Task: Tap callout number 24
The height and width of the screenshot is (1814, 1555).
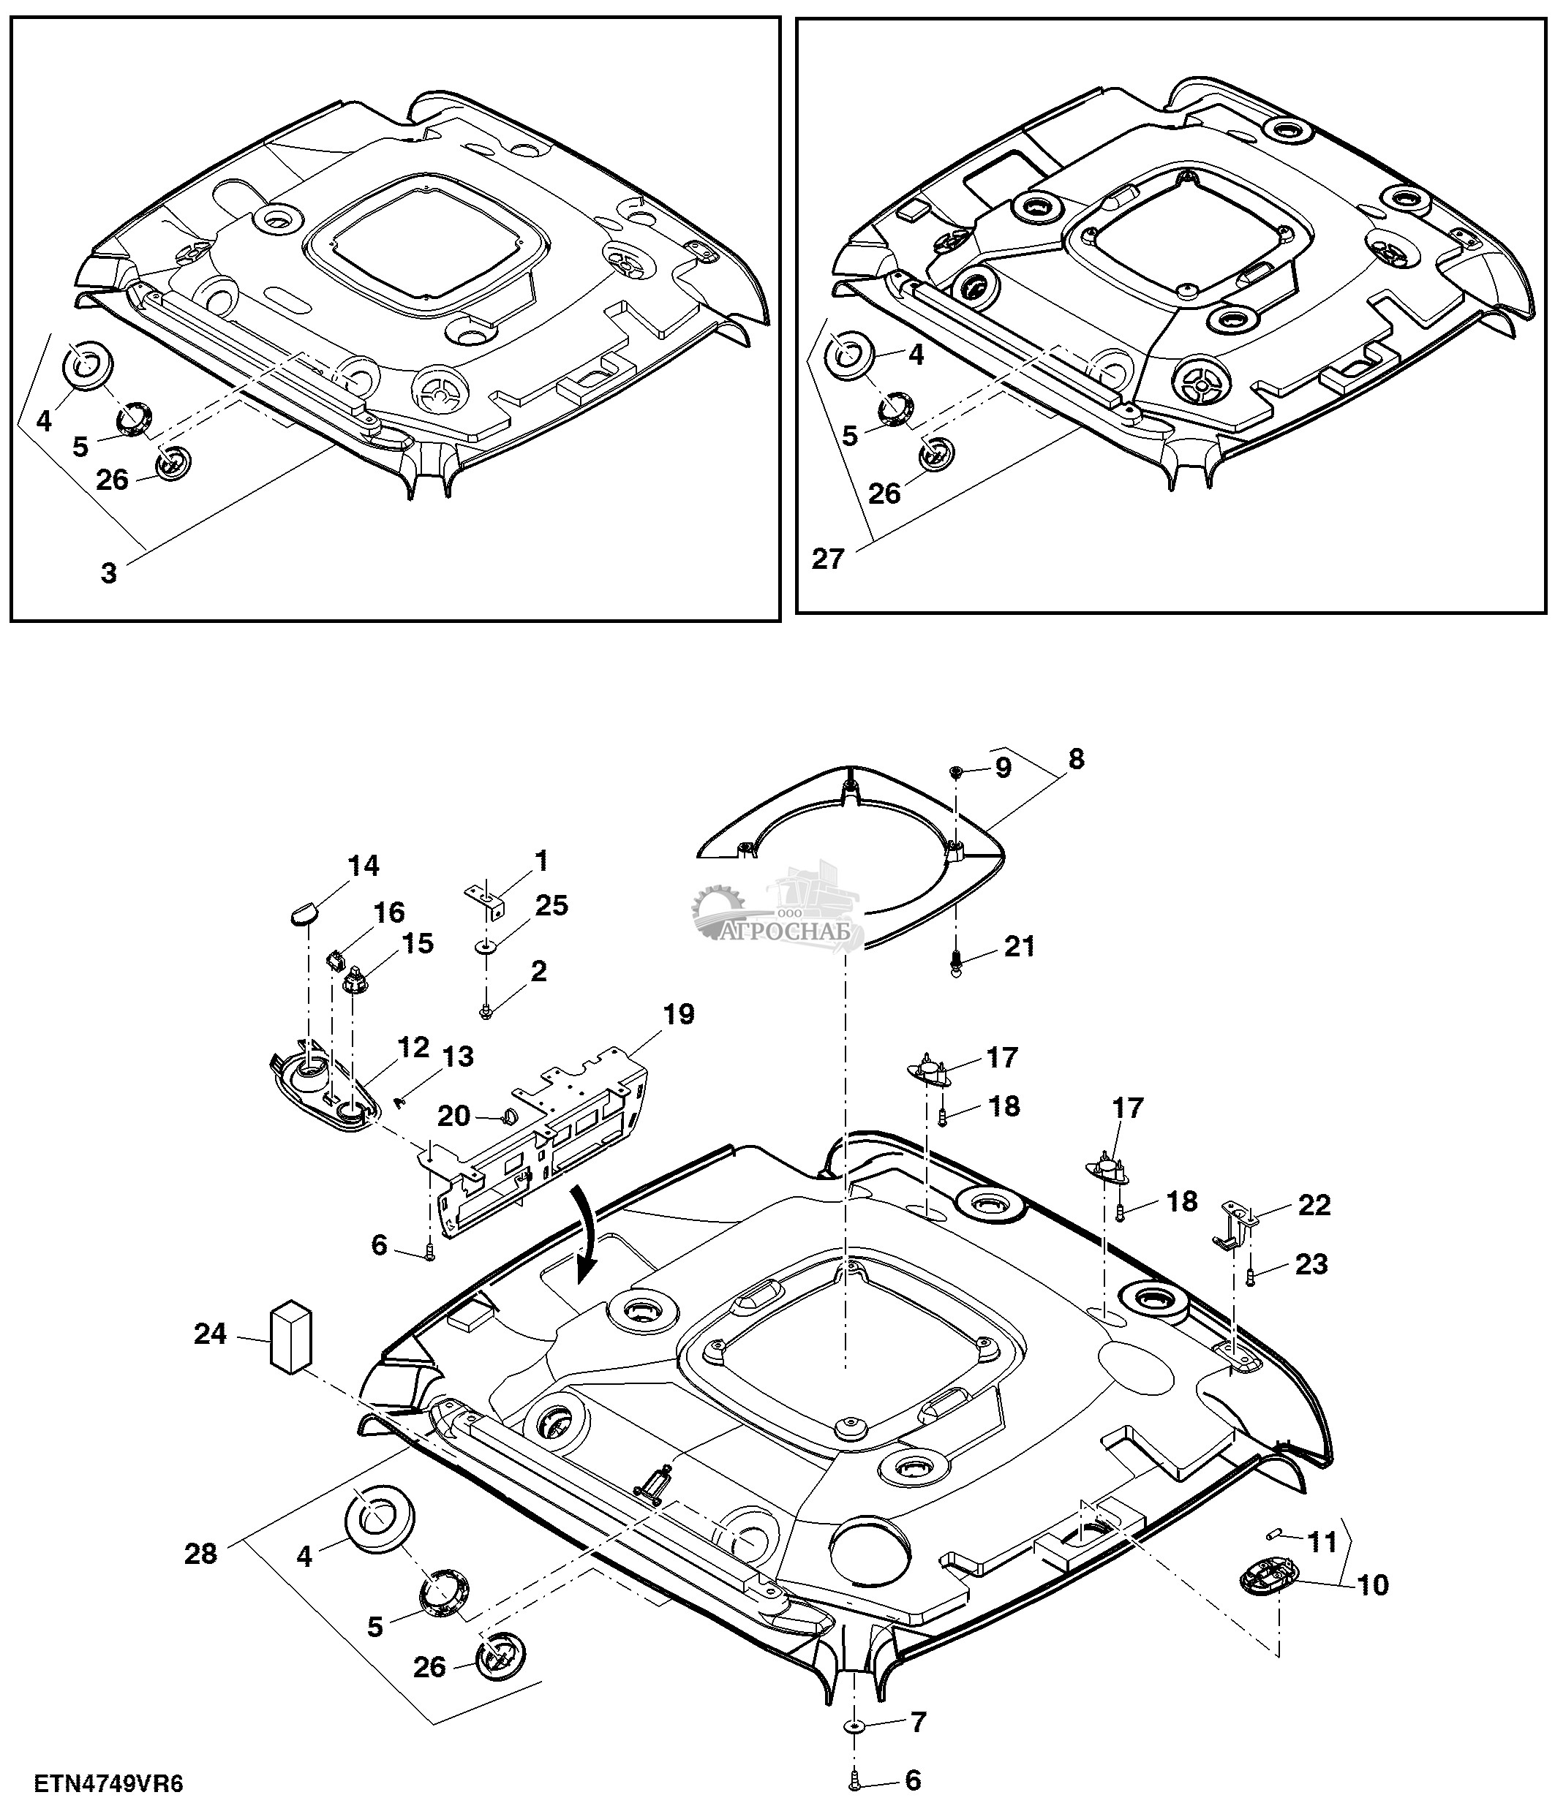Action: (x=210, y=1334)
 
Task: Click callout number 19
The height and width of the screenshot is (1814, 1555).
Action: (x=679, y=1015)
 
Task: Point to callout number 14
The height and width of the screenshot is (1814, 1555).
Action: (x=364, y=866)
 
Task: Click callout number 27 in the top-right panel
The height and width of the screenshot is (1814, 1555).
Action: (x=827, y=558)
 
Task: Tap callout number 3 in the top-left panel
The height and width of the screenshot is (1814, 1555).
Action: (x=108, y=573)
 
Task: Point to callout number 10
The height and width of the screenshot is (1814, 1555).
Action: (x=1373, y=1584)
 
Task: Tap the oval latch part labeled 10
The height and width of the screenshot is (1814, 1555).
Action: (x=1266, y=1580)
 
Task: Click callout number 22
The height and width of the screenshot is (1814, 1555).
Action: (x=1315, y=1206)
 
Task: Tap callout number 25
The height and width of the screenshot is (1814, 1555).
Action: (x=551, y=905)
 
